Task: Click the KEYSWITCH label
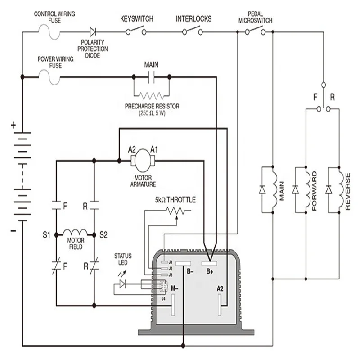pos(136,19)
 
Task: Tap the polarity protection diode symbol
pos(93,32)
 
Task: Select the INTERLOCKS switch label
pos(193,19)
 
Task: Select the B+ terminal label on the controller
pos(210,271)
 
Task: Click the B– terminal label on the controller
pos(190,271)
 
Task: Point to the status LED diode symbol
pos(123,284)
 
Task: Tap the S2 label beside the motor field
pos(103,234)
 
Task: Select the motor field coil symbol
pos(75,233)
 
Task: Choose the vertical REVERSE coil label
pos(348,191)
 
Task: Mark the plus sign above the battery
pos(13,126)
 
